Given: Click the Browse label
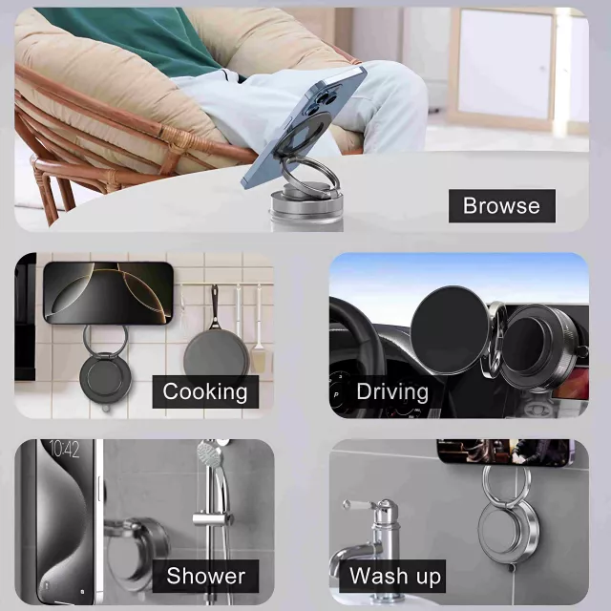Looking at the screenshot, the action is point(501,206).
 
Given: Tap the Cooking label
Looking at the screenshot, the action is point(205,391).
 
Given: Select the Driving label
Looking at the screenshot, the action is point(392,391).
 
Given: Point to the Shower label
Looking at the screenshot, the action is point(205,576).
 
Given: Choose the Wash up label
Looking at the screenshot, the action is point(392,576).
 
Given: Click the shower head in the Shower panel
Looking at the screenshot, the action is point(210,453).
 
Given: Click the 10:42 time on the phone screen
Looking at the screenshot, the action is point(65,450).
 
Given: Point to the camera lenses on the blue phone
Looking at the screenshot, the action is point(320,101).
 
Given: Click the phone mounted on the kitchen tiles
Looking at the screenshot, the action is point(108,293).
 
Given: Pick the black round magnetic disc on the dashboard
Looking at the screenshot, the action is point(449,329).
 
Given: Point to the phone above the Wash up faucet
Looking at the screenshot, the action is point(505,452).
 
